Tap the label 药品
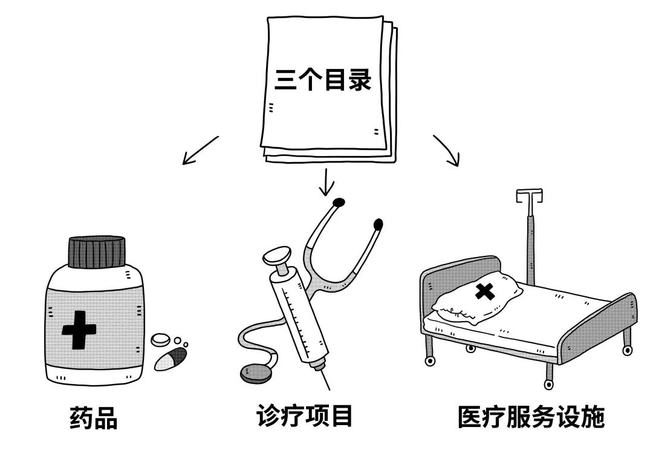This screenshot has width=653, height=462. click(x=93, y=418)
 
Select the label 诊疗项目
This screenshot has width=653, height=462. click(x=304, y=417)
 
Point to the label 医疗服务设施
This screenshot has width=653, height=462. click(x=531, y=417)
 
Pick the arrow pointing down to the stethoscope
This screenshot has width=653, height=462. click(x=326, y=183)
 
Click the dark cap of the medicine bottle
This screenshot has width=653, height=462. click(x=97, y=252)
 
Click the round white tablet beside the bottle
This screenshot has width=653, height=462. click(x=161, y=340)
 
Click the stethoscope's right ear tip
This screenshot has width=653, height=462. click(x=379, y=225)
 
